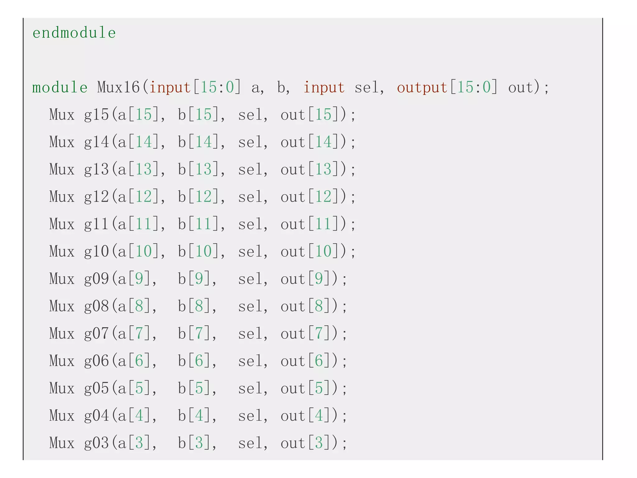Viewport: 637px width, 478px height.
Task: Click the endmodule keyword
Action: click(x=74, y=33)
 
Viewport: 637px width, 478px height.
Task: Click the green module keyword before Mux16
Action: click(x=60, y=87)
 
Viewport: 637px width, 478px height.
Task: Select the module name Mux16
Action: click(x=118, y=87)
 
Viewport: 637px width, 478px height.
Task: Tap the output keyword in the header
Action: click(x=422, y=87)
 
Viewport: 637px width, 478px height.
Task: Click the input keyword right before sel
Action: click(x=324, y=87)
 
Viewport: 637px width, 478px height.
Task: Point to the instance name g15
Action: click(x=96, y=115)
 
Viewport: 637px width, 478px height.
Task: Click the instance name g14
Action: click(x=96, y=142)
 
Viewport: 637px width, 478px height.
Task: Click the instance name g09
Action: click(x=96, y=279)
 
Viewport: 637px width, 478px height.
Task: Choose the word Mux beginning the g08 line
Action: click(x=62, y=306)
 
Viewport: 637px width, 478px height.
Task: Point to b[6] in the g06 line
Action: click(x=195, y=361)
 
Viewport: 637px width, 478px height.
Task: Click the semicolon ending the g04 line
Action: click(x=344, y=416)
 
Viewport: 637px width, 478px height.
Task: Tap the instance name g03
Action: click(x=96, y=443)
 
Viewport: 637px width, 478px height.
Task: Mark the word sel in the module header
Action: click(x=367, y=87)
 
